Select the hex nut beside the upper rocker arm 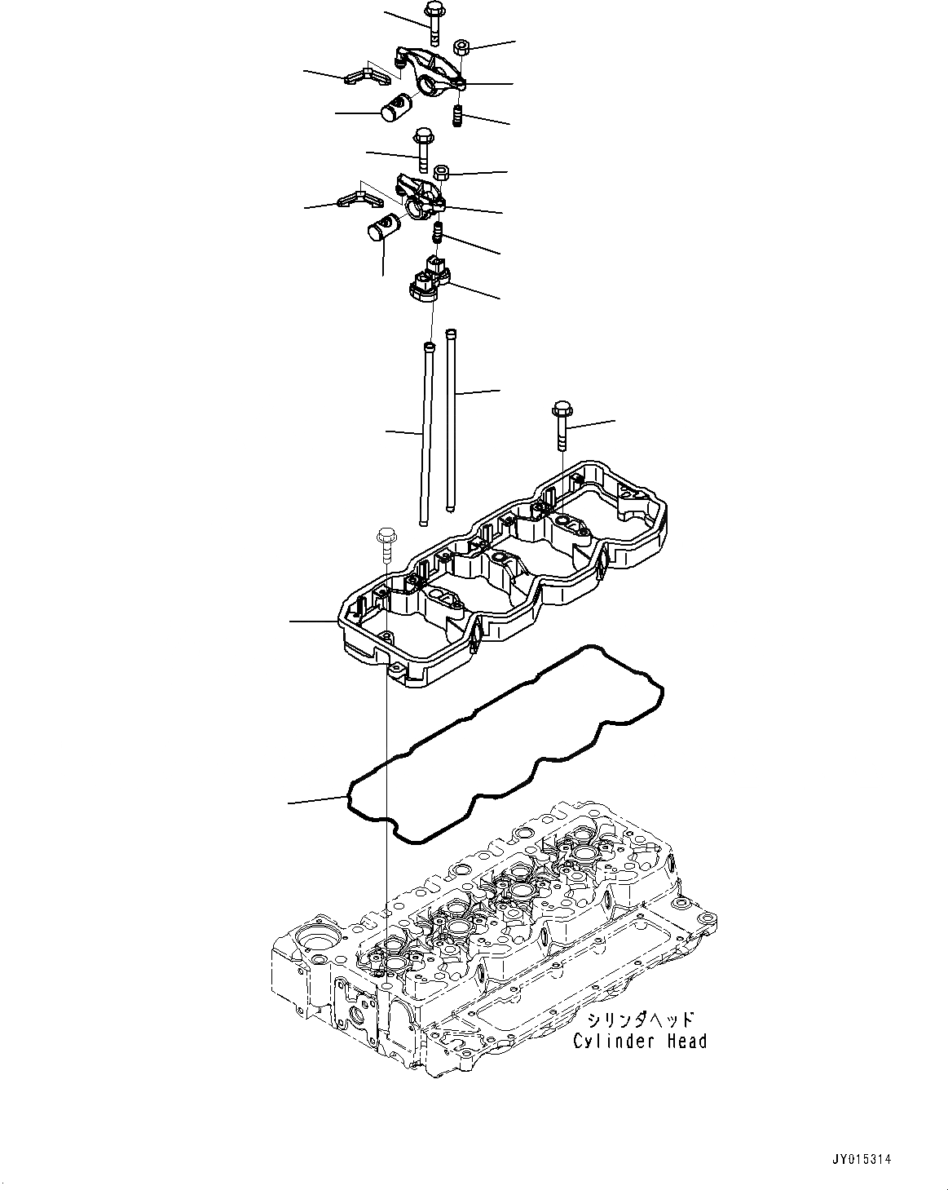coord(459,46)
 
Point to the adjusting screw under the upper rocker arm coord(458,116)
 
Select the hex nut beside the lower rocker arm coord(441,173)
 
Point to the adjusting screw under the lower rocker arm coord(438,232)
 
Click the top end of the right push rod coord(450,333)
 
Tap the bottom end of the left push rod coord(423,523)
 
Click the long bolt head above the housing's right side coord(562,407)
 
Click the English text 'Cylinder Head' coord(639,1041)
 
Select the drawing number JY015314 coord(863,1158)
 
